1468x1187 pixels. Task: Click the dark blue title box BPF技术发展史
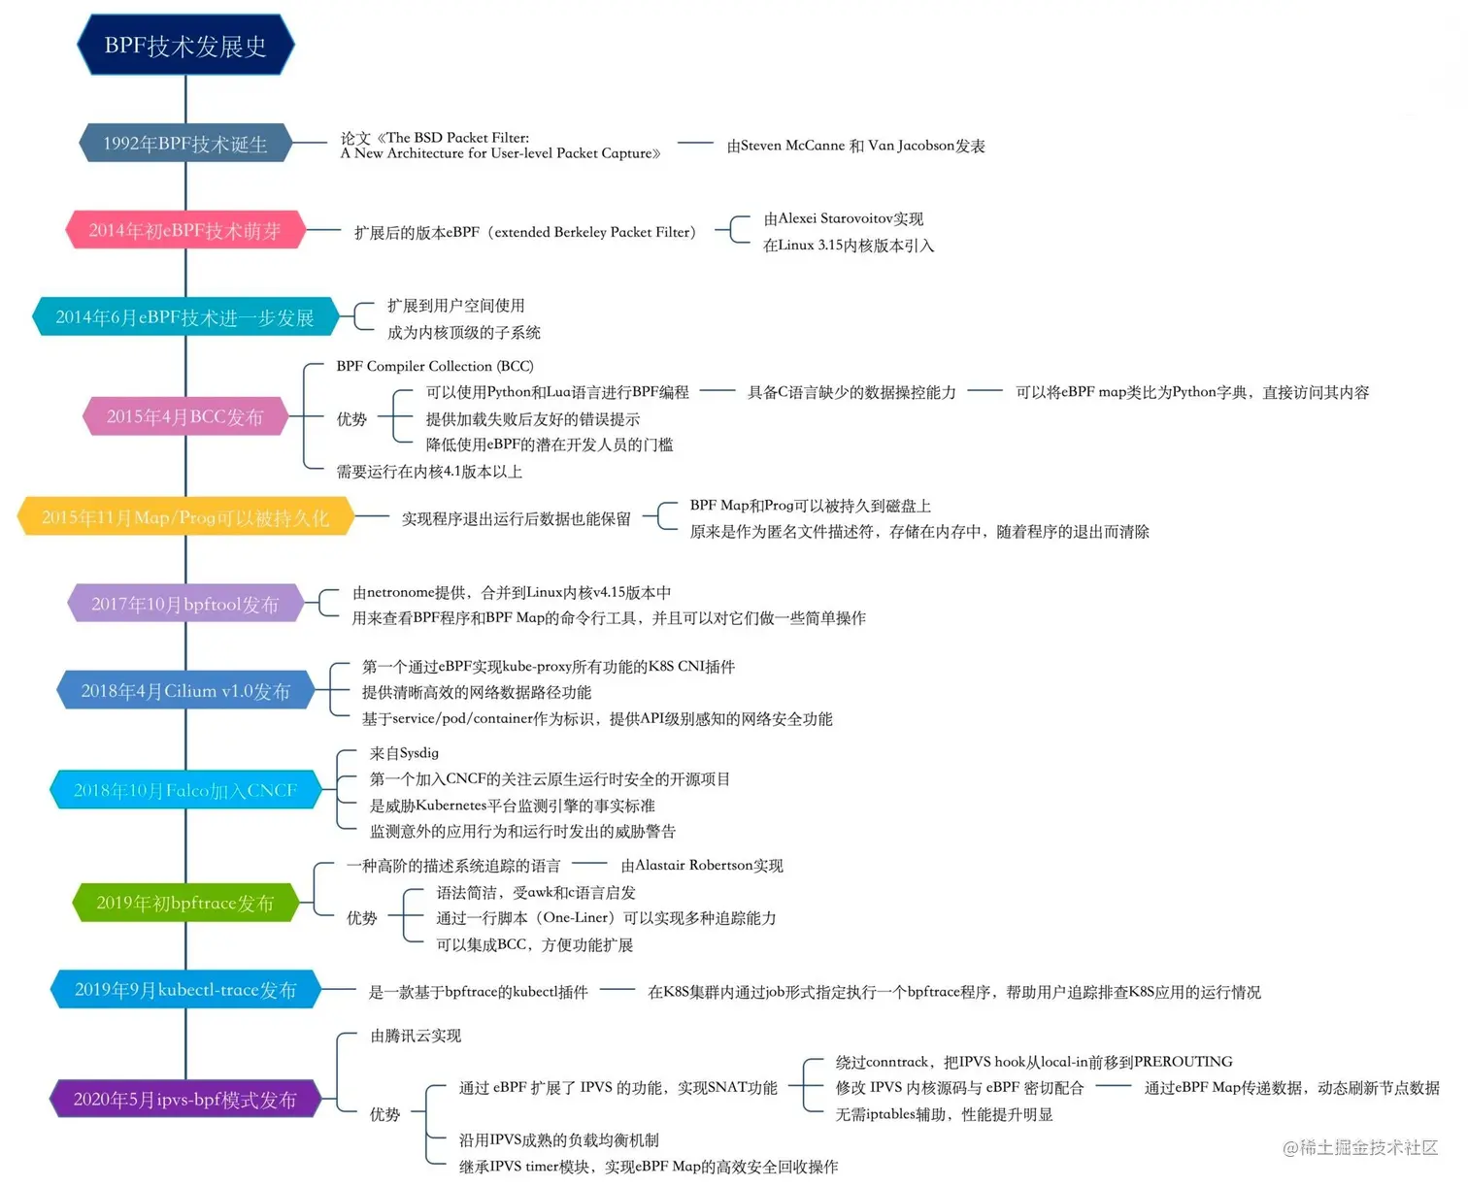(185, 46)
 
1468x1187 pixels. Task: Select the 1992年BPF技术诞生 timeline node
(185, 144)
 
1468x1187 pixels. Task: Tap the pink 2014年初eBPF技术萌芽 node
(185, 230)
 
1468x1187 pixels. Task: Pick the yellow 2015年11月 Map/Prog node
(185, 517)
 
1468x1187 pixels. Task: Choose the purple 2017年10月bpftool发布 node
(185, 604)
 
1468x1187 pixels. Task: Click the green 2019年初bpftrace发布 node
(185, 903)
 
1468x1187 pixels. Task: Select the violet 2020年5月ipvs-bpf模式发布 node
(185, 1100)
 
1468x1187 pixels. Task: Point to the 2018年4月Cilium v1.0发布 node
(185, 691)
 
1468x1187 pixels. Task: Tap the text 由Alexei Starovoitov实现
(843, 218)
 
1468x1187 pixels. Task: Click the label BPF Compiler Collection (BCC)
(435, 366)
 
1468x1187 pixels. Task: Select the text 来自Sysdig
(404, 752)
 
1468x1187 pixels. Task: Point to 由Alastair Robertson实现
(702, 865)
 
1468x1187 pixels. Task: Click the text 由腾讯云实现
(416, 1036)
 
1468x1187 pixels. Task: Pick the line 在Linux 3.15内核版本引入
(848, 245)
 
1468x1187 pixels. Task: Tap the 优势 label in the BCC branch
(351, 418)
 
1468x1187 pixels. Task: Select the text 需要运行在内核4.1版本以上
(429, 472)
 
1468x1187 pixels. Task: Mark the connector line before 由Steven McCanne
(695, 143)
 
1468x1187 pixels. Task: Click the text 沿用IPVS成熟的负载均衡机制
(558, 1139)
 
